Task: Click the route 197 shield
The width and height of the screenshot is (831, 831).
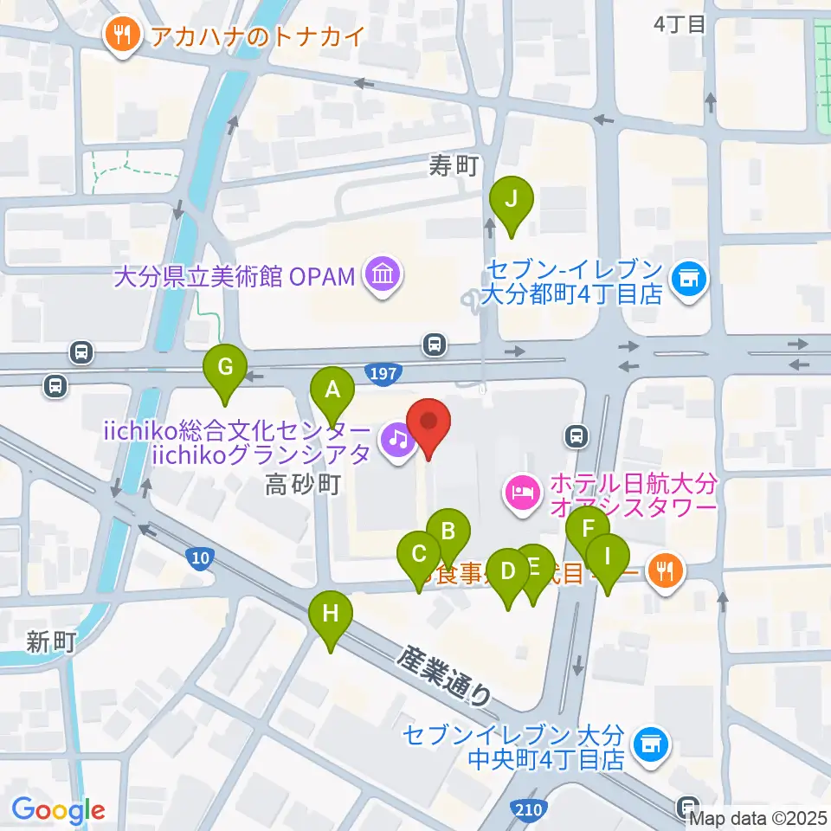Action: (x=387, y=373)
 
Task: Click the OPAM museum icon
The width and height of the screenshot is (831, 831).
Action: (x=382, y=277)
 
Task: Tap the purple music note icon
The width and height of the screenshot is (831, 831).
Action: (x=396, y=441)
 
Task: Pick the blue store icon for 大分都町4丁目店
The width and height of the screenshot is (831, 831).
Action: (x=689, y=279)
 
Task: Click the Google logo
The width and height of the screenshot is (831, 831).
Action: (x=58, y=810)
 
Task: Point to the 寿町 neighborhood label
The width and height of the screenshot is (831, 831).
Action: (x=454, y=167)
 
